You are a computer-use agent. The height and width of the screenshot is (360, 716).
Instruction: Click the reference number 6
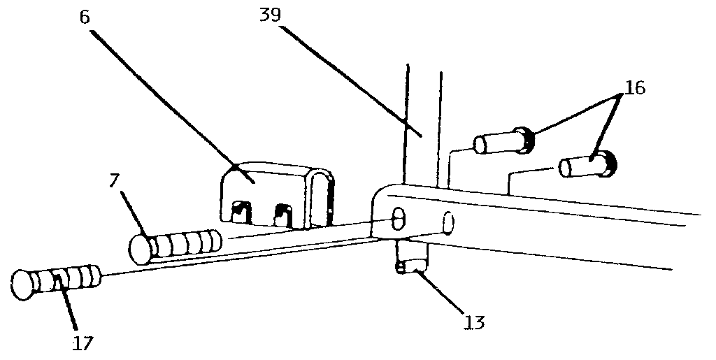tap(85, 17)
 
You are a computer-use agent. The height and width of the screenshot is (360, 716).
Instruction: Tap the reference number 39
tap(270, 15)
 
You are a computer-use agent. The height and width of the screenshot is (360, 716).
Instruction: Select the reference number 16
tap(634, 87)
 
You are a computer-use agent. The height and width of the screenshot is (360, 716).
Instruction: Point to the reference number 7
tap(115, 181)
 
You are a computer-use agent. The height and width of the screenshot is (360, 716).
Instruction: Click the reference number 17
tap(83, 343)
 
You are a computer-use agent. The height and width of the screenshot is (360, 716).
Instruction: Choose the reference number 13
tap(473, 322)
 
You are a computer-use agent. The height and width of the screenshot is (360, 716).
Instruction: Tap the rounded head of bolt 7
tap(141, 249)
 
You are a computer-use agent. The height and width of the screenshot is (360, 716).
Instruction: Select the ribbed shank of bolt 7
tap(187, 244)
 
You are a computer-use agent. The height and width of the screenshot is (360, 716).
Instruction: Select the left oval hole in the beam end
tap(399, 218)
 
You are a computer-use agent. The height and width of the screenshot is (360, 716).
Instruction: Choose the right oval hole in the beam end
tap(448, 223)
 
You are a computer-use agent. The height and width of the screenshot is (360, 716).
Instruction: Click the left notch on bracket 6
tap(242, 212)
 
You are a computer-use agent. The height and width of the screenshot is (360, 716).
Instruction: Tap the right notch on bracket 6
tap(283, 215)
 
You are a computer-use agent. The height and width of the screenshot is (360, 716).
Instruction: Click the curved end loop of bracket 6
tap(322, 197)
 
